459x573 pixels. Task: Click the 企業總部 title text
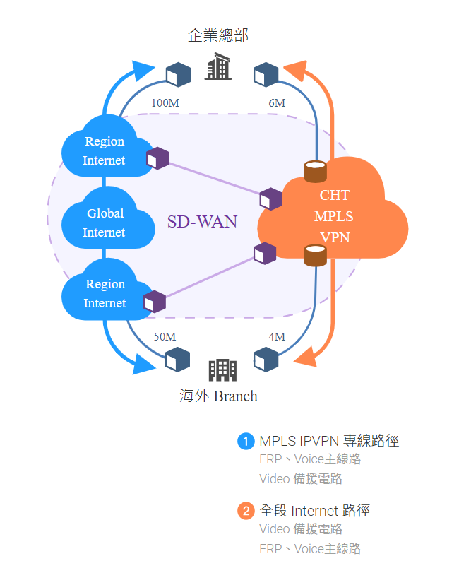pos(217,35)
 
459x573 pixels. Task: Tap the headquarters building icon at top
pos(217,67)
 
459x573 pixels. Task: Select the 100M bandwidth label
pos(165,103)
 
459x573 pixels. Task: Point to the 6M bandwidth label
pos(277,103)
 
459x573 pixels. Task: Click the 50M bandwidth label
pos(165,337)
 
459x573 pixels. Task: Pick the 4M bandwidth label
pos(277,337)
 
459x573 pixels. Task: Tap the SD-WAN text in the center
pos(202,221)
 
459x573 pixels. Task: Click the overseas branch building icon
pos(222,369)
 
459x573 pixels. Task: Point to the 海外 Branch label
pos(218,396)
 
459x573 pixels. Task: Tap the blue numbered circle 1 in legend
pos(246,442)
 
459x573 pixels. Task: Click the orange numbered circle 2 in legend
pos(246,511)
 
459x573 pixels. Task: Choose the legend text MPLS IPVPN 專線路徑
pos(329,442)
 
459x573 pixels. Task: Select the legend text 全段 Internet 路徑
pos(315,511)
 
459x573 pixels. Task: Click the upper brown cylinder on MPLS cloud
pos(315,171)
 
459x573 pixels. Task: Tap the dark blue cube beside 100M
pos(178,73)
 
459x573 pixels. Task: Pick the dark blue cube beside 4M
pos(266,359)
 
